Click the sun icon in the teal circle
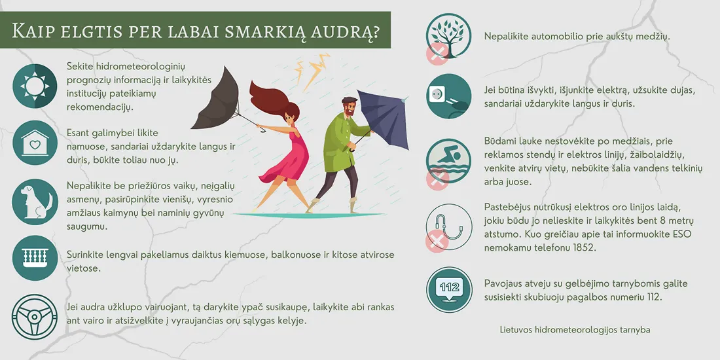click(35, 86)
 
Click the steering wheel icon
click(35, 317)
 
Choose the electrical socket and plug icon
click(449, 96)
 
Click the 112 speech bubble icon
click(449, 288)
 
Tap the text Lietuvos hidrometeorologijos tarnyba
click(575, 330)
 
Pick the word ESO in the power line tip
click(682, 234)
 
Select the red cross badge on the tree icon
click(437, 52)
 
